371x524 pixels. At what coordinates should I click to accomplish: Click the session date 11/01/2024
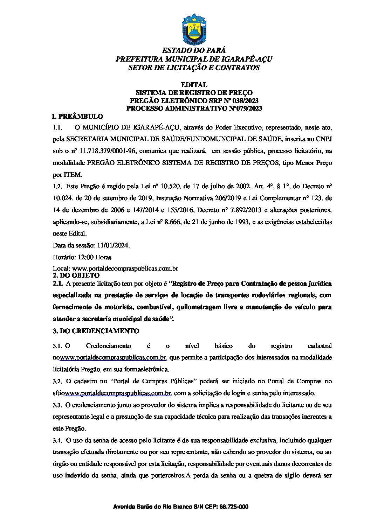[x=114, y=246]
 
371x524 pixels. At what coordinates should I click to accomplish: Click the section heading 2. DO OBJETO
[x=76, y=275]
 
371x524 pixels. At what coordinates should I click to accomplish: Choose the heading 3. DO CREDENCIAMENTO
[x=96, y=331]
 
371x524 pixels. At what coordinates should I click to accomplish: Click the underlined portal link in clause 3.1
[x=113, y=358]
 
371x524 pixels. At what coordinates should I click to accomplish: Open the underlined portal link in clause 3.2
[x=118, y=393]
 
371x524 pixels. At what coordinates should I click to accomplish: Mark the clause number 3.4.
[x=57, y=440]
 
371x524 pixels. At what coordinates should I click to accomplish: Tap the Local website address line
[x=116, y=269]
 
